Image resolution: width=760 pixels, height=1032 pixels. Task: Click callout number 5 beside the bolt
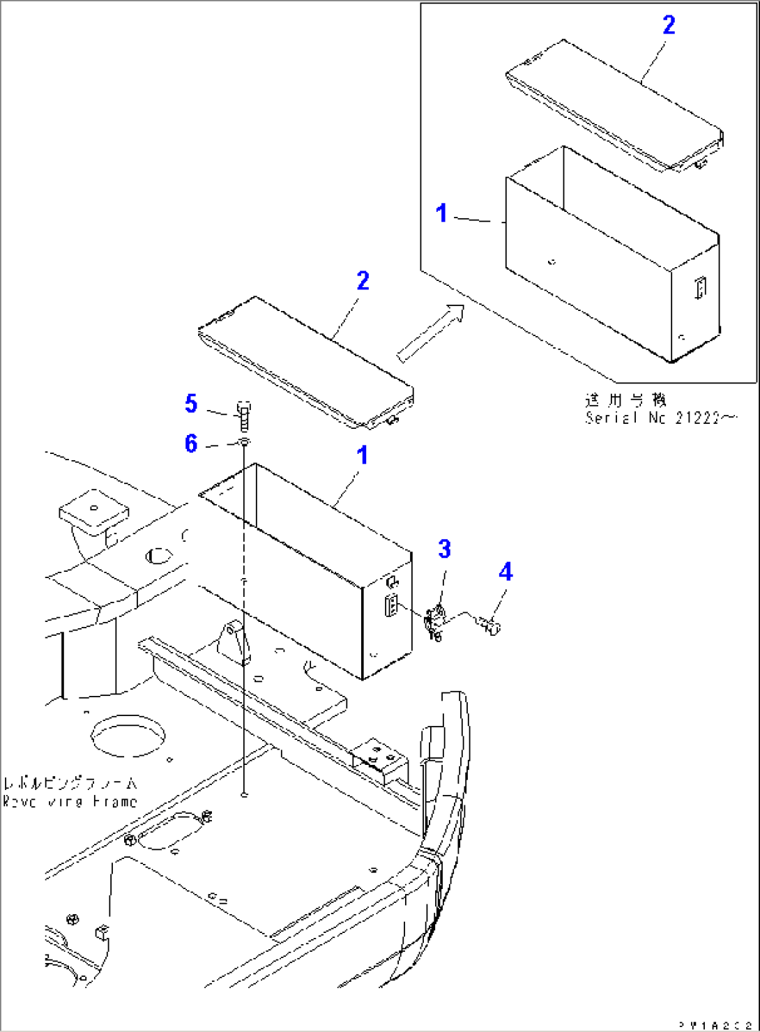(x=191, y=404)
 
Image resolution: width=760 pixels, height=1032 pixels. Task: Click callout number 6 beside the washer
(x=191, y=444)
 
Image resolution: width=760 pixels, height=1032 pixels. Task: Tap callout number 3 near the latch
(x=445, y=549)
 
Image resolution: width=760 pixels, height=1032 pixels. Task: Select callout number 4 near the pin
(x=506, y=572)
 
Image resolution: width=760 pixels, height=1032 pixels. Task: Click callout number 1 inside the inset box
(x=441, y=213)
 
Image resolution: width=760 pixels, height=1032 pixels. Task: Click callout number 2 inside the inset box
(x=669, y=25)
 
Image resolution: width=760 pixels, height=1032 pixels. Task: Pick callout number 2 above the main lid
(x=363, y=281)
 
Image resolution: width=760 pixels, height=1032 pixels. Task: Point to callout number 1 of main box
(x=362, y=456)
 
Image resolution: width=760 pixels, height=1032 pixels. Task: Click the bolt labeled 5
(x=243, y=416)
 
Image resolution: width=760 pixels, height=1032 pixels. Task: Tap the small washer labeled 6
(x=243, y=443)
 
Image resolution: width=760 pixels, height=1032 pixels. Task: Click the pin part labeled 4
(x=491, y=625)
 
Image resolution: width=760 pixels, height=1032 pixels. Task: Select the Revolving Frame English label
(x=70, y=802)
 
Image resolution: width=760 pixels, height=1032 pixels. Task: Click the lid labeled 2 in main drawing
(x=307, y=363)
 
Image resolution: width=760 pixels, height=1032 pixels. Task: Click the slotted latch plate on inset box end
(x=700, y=287)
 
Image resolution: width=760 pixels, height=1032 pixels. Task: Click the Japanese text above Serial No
(x=625, y=400)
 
